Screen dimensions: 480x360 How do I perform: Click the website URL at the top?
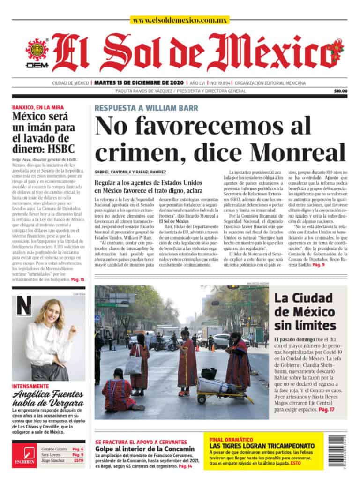click(180, 20)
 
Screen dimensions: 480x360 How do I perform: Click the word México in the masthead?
click(272, 52)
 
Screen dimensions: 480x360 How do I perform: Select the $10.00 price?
click(341, 91)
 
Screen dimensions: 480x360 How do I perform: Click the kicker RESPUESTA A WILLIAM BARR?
click(146, 107)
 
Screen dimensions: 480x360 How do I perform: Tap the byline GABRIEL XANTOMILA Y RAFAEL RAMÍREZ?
click(130, 172)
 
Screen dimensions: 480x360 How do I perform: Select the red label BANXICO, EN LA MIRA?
click(38, 107)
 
